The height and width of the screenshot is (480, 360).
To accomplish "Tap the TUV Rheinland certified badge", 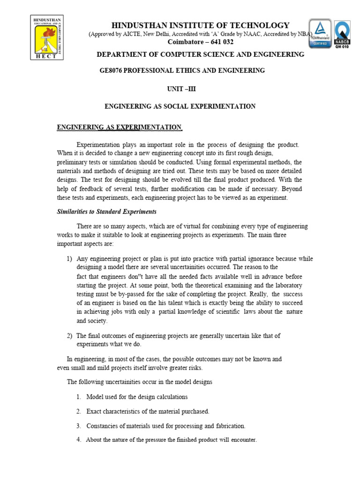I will pyautogui.click(x=320, y=33).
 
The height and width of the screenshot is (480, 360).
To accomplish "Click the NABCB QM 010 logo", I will pyautogui.click(x=345, y=33).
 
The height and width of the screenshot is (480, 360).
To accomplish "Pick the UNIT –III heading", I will pyautogui.click(x=180, y=88).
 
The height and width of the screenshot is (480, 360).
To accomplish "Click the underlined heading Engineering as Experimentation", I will pyautogui.click(x=119, y=127).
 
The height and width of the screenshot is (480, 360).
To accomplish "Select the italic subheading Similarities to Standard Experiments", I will pyautogui.click(x=106, y=211).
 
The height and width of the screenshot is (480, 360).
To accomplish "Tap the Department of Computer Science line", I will pyautogui.click(x=200, y=54).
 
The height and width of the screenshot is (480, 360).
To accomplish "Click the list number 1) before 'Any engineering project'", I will pyautogui.click(x=69, y=259).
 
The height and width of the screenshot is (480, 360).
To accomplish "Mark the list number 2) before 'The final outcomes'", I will pyautogui.click(x=69, y=336).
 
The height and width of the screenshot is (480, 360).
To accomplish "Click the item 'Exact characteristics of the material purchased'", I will pyautogui.click(x=148, y=411).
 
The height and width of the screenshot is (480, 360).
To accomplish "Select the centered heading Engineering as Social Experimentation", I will pyautogui.click(x=180, y=106).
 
